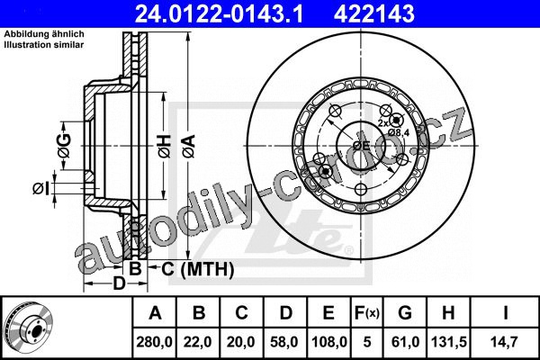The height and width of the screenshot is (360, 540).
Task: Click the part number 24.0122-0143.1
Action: click(x=219, y=13)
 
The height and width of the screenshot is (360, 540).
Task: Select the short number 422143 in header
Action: click(x=374, y=13)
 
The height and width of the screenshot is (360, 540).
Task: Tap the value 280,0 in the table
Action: click(x=154, y=342)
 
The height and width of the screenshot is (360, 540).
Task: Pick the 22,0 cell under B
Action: click(x=198, y=342)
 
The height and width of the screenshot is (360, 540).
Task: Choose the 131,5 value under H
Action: click(x=448, y=342)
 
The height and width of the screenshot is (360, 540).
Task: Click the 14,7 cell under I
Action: click(x=505, y=342)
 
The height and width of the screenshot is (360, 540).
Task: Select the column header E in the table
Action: click(x=328, y=313)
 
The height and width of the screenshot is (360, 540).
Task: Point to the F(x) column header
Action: click(x=367, y=313)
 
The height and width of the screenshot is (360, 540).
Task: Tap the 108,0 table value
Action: click(x=329, y=342)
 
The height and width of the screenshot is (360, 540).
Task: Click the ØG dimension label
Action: click(x=65, y=146)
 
